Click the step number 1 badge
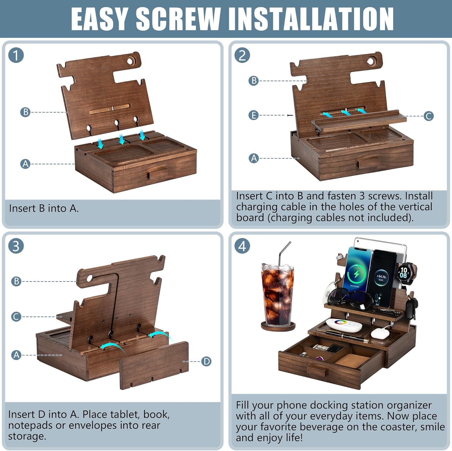click(x=16, y=55)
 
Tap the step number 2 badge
click(x=242, y=55)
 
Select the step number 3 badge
click(x=16, y=246)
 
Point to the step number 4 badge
click(x=242, y=246)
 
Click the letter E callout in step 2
click(x=253, y=115)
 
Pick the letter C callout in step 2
click(x=428, y=116)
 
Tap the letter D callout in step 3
click(x=206, y=361)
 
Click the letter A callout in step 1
click(x=25, y=164)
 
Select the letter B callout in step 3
click(x=16, y=281)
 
